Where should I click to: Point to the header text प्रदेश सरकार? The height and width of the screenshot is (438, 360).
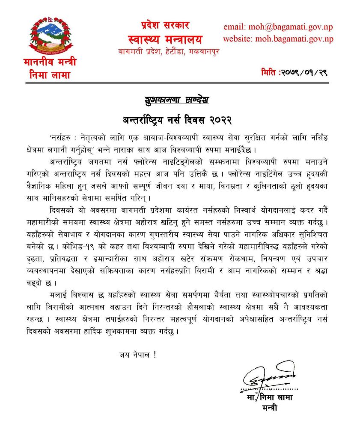point(165,24)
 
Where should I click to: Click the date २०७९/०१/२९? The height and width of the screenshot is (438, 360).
point(304,73)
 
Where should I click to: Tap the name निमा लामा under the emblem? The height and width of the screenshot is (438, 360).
point(50,76)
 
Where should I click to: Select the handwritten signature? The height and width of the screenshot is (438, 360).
point(269,376)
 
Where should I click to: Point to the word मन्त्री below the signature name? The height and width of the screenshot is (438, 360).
point(270,408)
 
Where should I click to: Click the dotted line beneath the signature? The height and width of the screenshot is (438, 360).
point(269,390)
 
